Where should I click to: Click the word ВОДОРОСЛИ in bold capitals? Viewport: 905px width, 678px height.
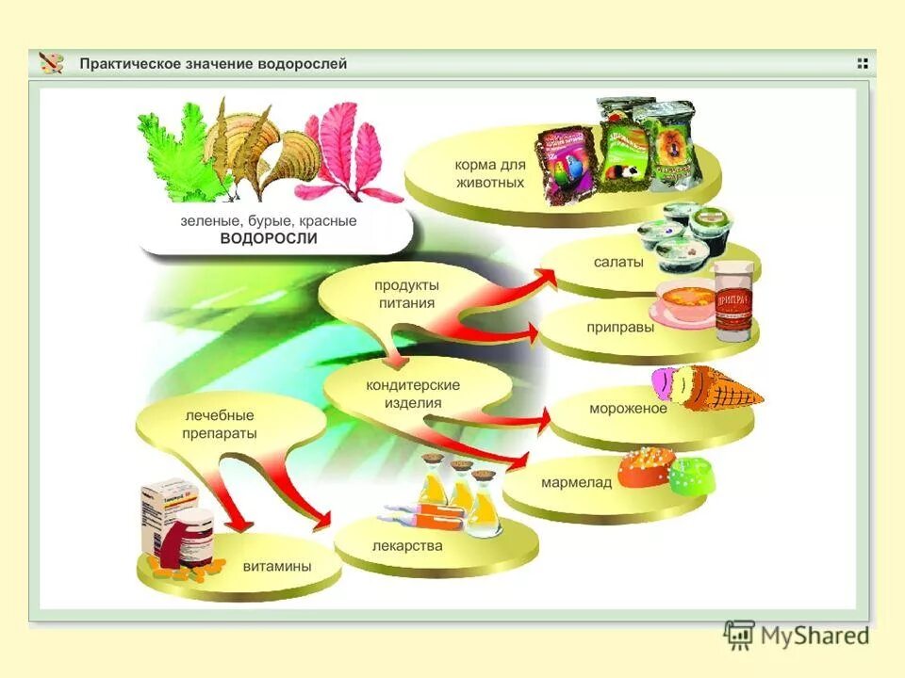(x=269, y=238)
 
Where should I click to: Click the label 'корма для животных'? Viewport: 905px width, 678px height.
(x=489, y=173)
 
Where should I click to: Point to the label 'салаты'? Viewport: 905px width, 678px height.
(x=618, y=263)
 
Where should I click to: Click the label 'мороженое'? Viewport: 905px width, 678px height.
(x=628, y=409)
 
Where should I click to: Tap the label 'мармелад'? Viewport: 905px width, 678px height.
(x=576, y=482)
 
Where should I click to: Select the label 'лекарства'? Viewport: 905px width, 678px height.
(x=407, y=545)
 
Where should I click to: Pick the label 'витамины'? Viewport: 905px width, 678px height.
(x=277, y=567)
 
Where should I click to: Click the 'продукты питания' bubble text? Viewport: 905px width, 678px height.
(x=406, y=293)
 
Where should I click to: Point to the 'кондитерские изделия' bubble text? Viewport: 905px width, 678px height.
(x=413, y=394)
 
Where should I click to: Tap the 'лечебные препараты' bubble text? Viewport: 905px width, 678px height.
(x=220, y=424)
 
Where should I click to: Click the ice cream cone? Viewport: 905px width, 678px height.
(x=707, y=387)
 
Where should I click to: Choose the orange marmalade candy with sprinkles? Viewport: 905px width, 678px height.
(x=647, y=465)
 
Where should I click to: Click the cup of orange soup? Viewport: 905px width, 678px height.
(x=684, y=304)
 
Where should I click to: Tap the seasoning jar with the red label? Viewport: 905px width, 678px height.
(x=734, y=301)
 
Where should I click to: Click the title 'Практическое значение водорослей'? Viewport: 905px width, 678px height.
(x=213, y=64)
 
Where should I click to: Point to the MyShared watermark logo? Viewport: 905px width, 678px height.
(x=797, y=636)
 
